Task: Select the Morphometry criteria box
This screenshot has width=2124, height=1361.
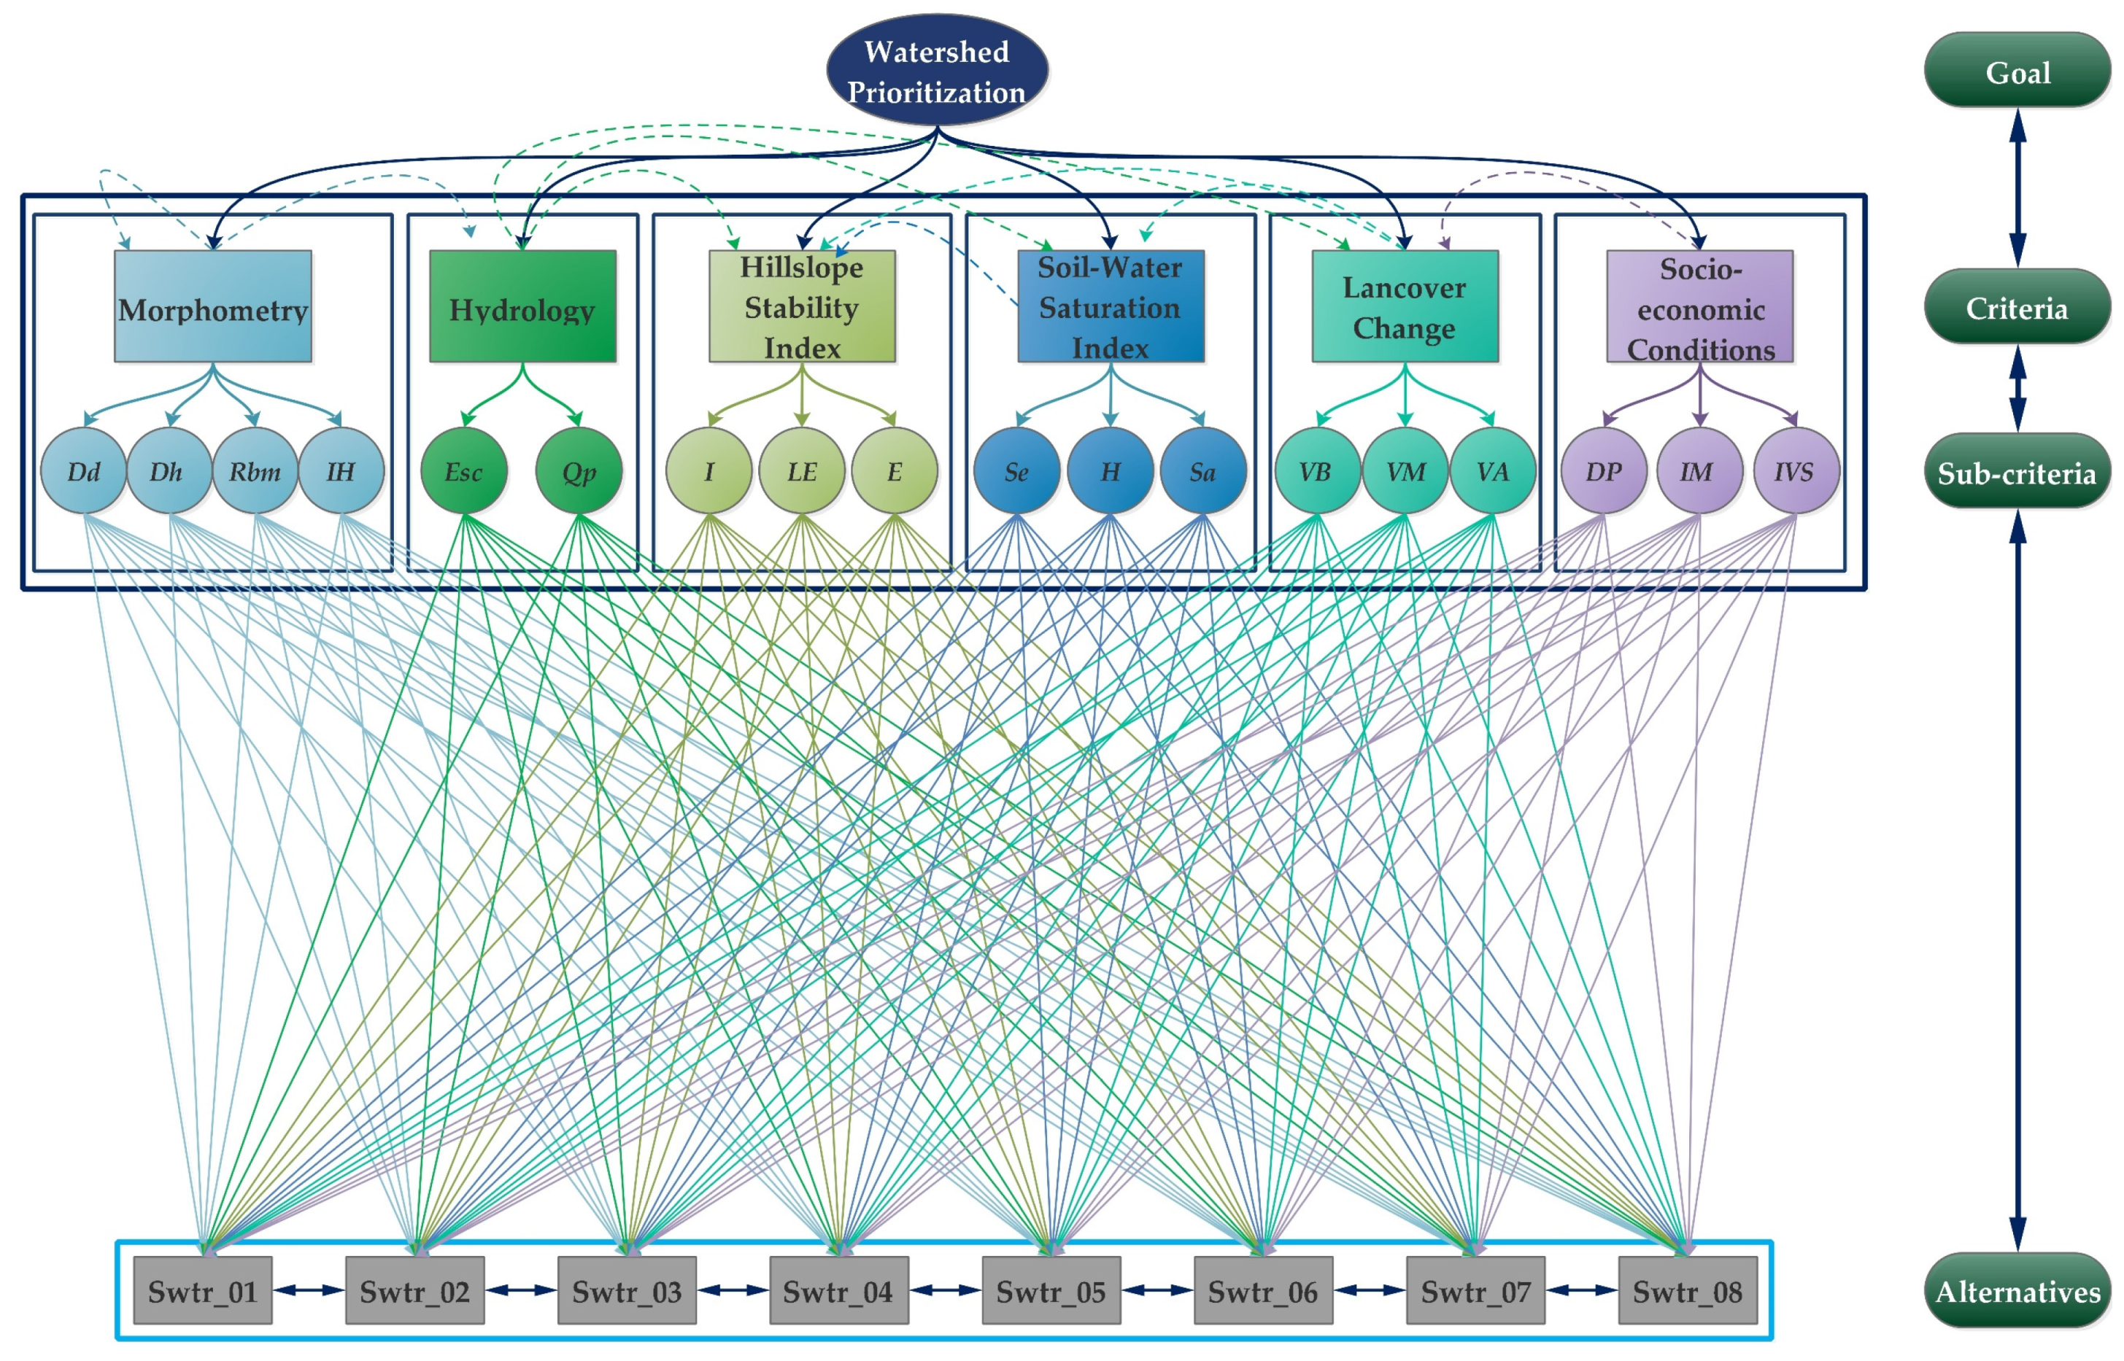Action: pos(212,306)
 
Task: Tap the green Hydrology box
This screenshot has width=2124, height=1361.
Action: pos(522,306)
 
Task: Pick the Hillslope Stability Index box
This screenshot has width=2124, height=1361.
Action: pos(802,306)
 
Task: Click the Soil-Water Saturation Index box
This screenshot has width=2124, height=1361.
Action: pos(1111,306)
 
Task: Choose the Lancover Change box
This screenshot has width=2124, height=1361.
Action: pos(1405,306)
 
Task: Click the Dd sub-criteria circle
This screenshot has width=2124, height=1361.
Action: pos(84,471)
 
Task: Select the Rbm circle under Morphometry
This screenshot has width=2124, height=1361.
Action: pos(255,471)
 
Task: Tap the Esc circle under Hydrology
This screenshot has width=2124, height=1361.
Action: pos(464,471)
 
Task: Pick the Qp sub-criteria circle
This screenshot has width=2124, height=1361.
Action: pos(579,471)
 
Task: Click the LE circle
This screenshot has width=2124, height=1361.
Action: pos(802,471)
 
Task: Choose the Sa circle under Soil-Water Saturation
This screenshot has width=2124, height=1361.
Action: pos(1203,471)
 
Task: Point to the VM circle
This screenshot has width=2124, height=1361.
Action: pos(1405,471)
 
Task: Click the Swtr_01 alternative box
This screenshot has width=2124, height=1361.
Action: pos(202,1290)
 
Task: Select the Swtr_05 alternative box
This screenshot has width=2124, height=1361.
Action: pos(1051,1290)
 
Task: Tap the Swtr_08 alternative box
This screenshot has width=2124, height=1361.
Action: pos(1688,1290)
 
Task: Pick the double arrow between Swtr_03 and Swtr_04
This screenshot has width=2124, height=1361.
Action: pos(733,1290)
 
